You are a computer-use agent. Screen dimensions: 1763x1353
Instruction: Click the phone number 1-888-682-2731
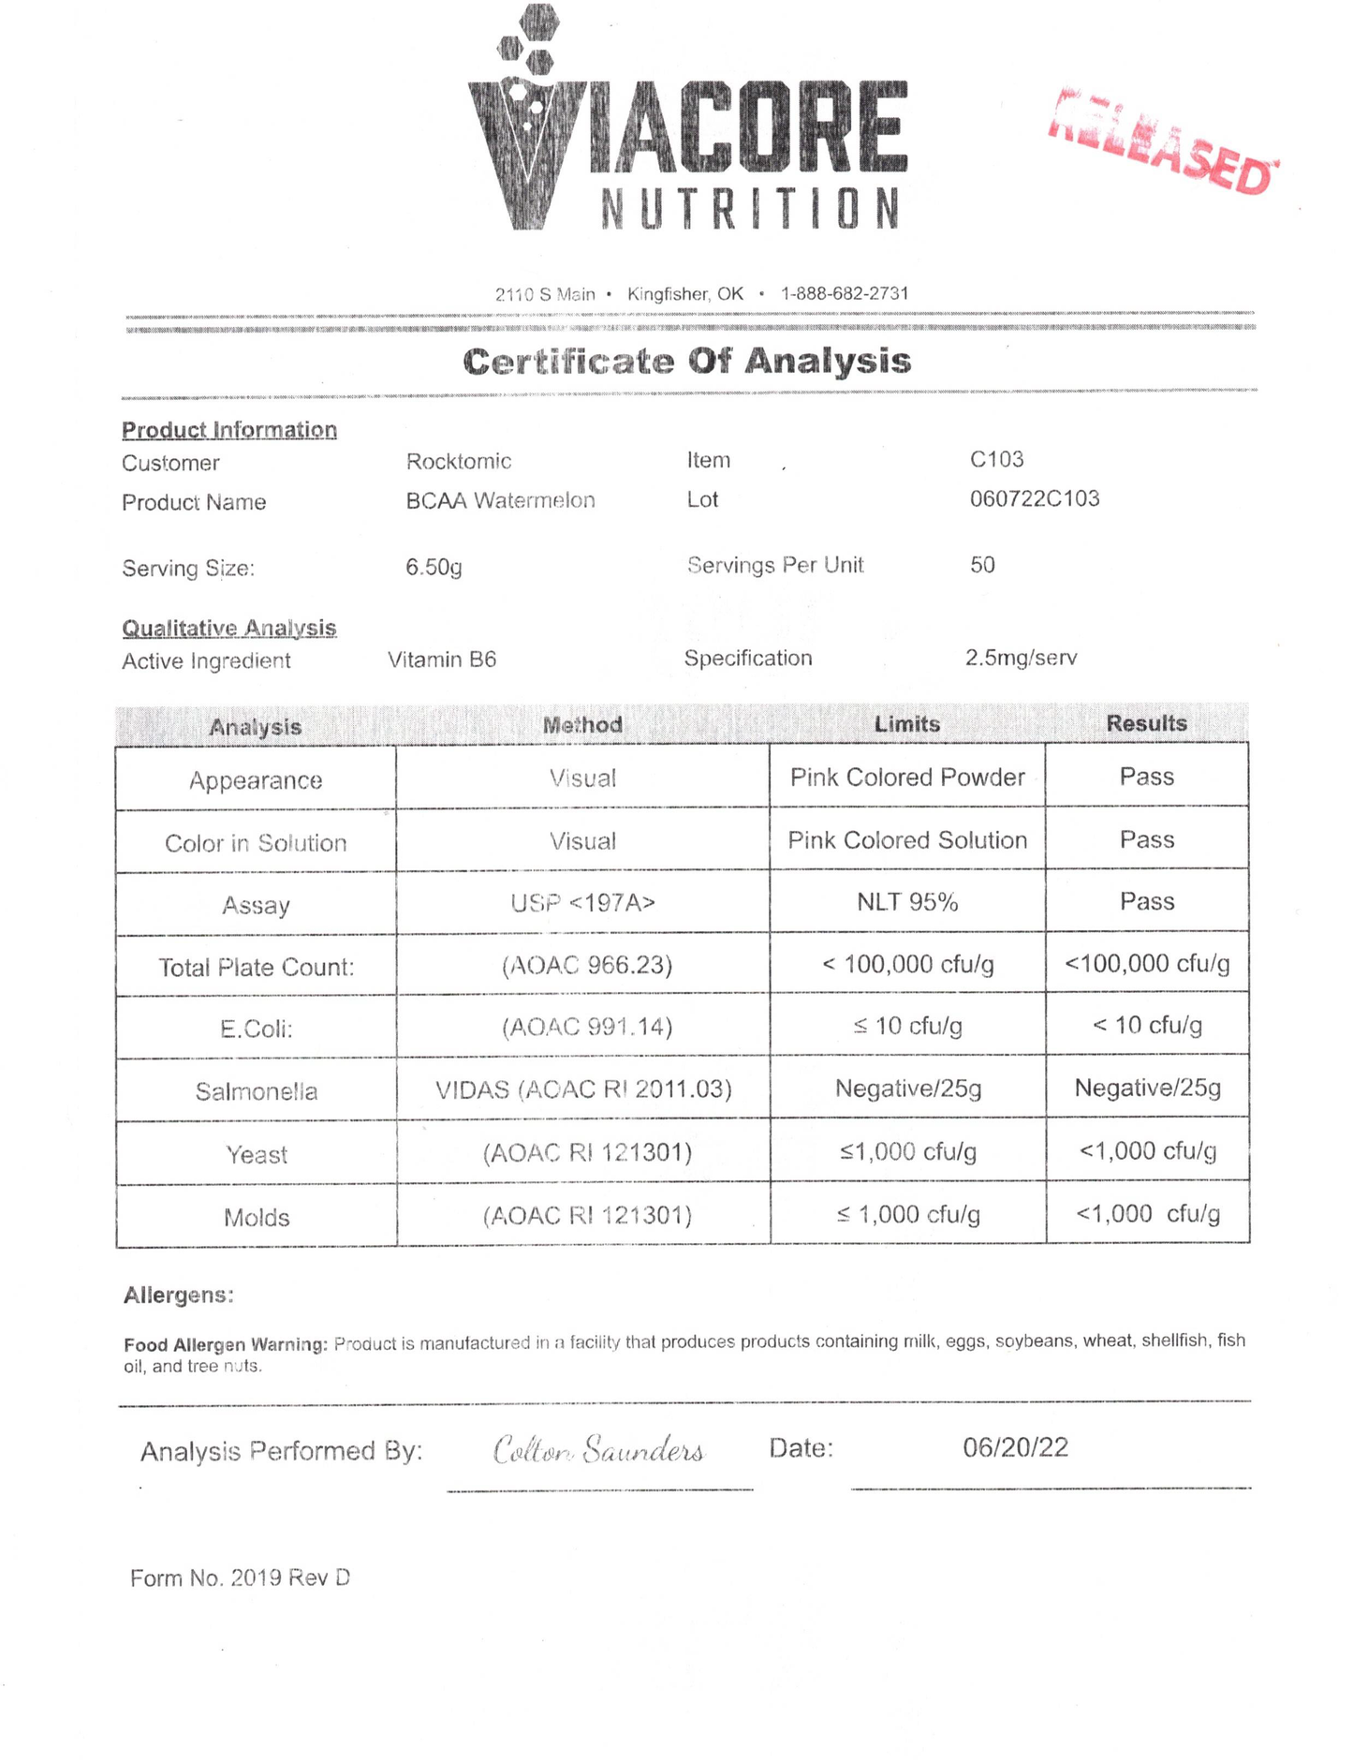pyautogui.click(x=845, y=293)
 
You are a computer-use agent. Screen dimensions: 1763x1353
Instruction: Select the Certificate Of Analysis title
pyautogui.click(x=686, y=362)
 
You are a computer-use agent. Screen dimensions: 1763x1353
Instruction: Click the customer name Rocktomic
pyautogui.click(x=459, y=461)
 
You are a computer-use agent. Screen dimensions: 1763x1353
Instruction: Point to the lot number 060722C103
pyautogui.click(x=1035, y=498)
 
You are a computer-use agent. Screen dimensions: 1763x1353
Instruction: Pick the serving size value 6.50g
pyautogui.click(x=434, y=567)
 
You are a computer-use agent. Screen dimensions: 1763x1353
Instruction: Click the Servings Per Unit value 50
pyautogui.click(x=982, y=565)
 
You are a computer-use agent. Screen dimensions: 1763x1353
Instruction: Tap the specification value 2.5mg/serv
pyautogui.click(x=1021, y=658)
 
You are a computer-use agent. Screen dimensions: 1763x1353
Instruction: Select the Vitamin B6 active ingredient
pyautogui.click(x=442, y=659)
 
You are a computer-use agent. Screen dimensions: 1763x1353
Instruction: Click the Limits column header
pyautogui.click(x=906, y=724)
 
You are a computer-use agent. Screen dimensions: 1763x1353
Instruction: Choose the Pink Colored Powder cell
pyautogui.click(x=907, y=778)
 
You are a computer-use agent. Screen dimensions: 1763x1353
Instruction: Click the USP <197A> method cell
pyautogui.click(x=582, y=903)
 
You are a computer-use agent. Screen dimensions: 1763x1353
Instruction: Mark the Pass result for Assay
pyautogui.click(x=1147, y=901)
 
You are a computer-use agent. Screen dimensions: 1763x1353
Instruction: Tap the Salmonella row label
pyautogui.click(x=257, y=1091)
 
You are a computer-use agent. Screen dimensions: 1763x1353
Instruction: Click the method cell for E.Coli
pyautogui.click(x=587, y=1028)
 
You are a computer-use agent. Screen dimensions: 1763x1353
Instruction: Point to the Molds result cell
pyautogui.click(x=1148, y=1214)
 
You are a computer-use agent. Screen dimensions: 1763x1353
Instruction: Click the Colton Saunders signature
pyautogui.click(x=599, y=1450)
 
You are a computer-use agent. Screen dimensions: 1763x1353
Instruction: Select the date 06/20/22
pyautogui.click(x=1015, y=1448)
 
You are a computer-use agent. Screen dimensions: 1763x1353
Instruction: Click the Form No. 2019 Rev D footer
pyautogui.click(x=241, y=1578)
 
